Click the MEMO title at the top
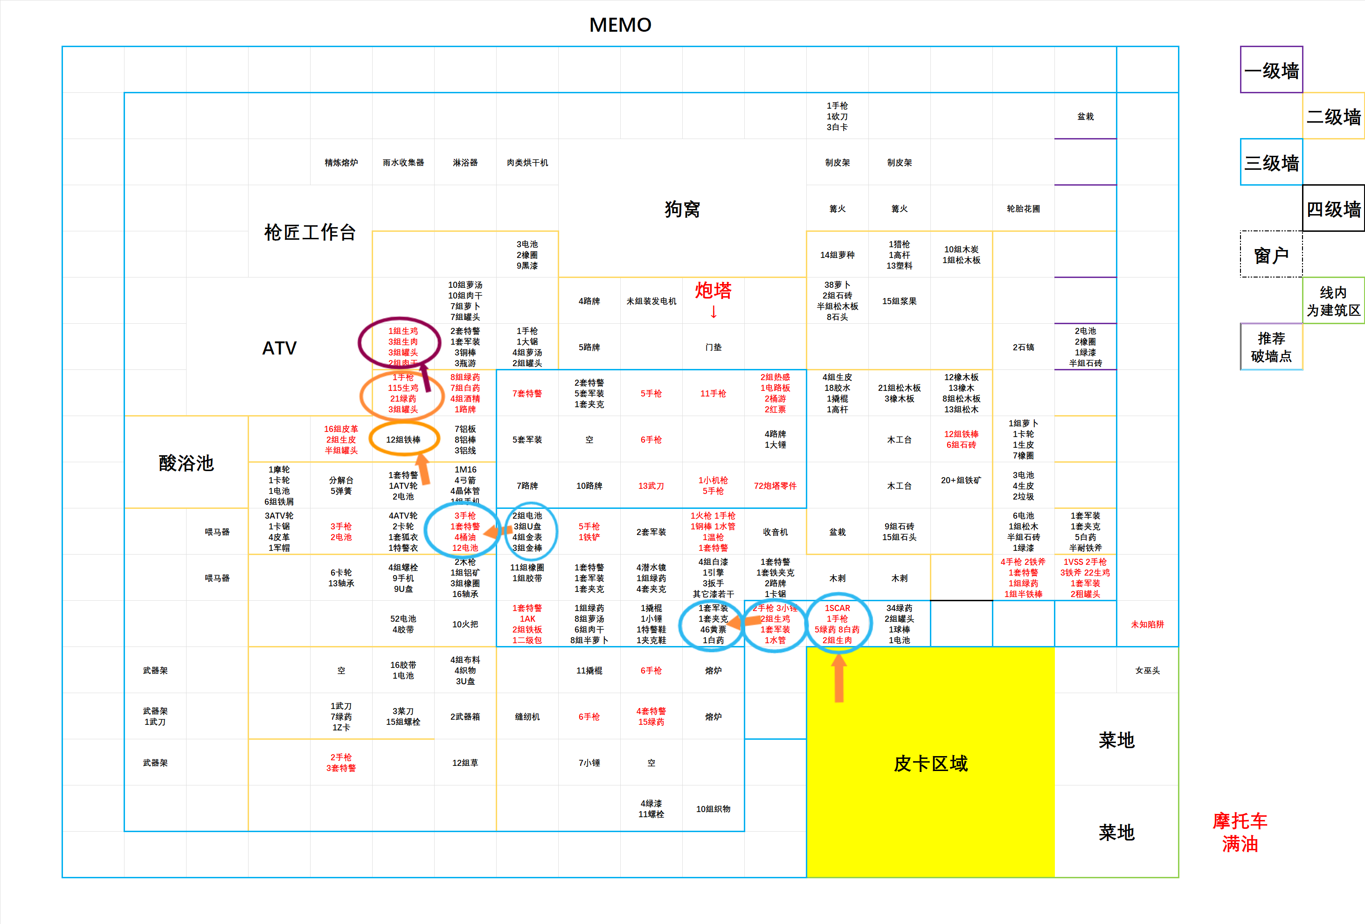[x=620, y=25]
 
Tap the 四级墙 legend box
[x=1333, y=209]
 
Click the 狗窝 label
[x=682, y=209]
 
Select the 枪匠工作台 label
[x=310, y=232]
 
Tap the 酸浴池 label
[x=186, y=463]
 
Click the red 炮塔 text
[x=713, y=291]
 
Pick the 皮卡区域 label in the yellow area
[x=930, y=763]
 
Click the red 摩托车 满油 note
[x=1239, y=832]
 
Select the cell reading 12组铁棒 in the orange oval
[x=403, y=439]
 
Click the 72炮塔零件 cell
[x=775, y=486]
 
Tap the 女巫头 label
[x=1147, y=670]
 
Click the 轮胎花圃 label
[x=1023, y=208]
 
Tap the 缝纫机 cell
[x=527, y=716]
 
